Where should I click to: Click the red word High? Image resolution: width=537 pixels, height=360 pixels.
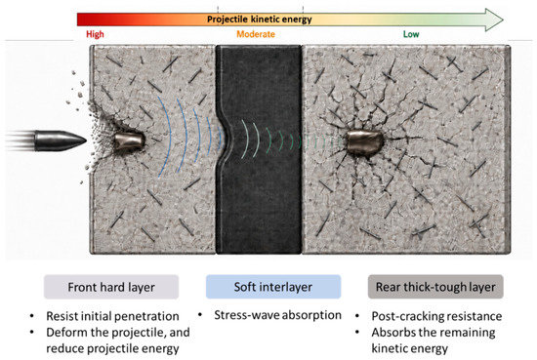[x=95, y=34]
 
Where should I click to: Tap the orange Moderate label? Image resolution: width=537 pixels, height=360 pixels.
[x=256, y=34]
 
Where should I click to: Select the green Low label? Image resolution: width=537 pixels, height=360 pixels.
[x=411, y=34]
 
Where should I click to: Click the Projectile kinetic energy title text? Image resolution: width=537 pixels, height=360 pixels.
[x=260, y=20]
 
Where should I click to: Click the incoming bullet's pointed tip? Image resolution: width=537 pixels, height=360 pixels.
[x=86, y=140]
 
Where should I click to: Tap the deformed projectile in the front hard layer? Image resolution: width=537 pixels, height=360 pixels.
[x=129, y=141]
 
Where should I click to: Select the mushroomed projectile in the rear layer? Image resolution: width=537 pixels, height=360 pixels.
[x=364, y=143]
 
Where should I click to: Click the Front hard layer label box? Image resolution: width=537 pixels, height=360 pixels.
[x=111, y=287]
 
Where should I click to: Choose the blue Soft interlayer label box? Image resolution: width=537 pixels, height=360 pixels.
[x=273, y=287]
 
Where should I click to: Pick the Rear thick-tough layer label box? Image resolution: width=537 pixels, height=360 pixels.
[x=435, y=287]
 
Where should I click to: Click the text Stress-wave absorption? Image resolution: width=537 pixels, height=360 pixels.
[x=277, y=315]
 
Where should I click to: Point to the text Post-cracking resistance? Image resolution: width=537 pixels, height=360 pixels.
[x=436, y=316]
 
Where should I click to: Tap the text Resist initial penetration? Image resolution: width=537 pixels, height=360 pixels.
[x=112, y=316]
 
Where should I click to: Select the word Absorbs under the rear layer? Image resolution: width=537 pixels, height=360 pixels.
[x=392, y=333]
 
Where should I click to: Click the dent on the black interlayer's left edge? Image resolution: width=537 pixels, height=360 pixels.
[x=224, y=136]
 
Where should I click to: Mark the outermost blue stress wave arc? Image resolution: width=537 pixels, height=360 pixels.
[x=165, y=137]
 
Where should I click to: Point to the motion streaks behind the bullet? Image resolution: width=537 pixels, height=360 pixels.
[x=20, y=140]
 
